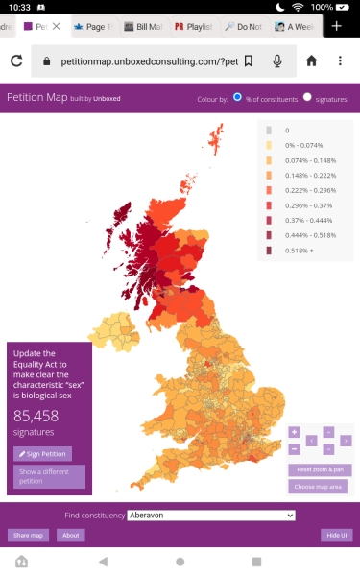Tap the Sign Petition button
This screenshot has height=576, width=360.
(42, 454)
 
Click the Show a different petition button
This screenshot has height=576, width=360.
(49, 476)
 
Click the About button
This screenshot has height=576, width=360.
(70, 535)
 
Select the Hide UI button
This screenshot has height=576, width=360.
(335, 535)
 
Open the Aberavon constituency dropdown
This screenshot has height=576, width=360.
(210, 516)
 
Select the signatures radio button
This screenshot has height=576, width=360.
(308, 97)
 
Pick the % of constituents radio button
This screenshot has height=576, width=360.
(238, 97)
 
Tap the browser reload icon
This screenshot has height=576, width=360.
(16, 61)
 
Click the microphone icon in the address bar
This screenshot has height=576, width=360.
(277, 61)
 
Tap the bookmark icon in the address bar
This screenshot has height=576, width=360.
(249, 61)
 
